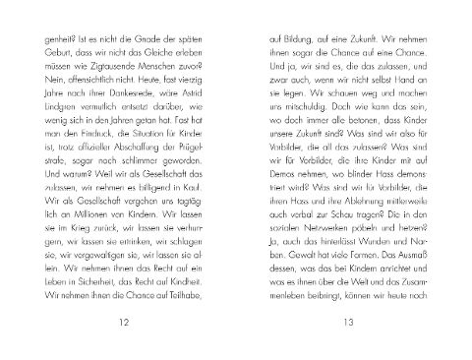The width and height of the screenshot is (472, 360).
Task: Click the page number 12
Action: click(121, 322)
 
